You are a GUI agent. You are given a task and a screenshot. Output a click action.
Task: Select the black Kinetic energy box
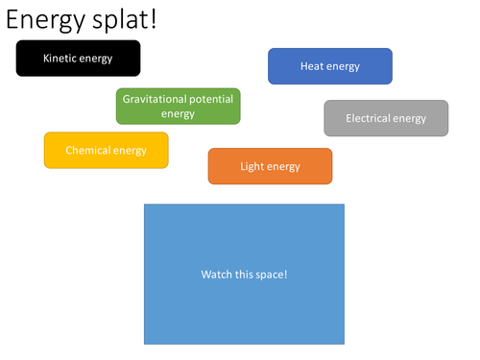pyautogui.click(x=78, y=59)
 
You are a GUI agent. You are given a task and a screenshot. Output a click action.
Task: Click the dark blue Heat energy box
pyautogui.click(x=329, y=66)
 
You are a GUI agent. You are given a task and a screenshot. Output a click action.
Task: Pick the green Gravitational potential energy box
pyautogui.click(x=178, y=106)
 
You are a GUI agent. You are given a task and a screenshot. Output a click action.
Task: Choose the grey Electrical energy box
pyautogui.click(x=386, y=118)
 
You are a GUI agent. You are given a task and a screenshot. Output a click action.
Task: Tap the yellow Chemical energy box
pyautogui.click(x=106, y=150)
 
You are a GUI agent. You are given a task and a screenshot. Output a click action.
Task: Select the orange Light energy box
pyautogui.click(x=270, y=166)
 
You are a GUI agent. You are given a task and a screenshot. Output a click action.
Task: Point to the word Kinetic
pyautogui.click(x=60, y=59)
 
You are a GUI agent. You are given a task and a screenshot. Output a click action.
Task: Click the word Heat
pyautogui.click(x=312, y=66)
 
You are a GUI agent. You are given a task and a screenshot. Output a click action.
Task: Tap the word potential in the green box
pyautogui.click(x=212, y=98)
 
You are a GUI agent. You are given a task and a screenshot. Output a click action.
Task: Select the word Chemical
pyautogui.click(x=88, y=150)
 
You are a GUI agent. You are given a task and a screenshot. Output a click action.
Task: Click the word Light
pyautogui.click(x=252, y=166)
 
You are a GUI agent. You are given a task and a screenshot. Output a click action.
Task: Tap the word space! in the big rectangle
pyautogui.click(x=271, y=275)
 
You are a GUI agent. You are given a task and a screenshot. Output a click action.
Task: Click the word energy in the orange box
pyautogui.click(x=284, y=166)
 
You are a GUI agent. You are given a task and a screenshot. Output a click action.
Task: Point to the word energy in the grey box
pyautogui.click(x=410, y=118)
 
